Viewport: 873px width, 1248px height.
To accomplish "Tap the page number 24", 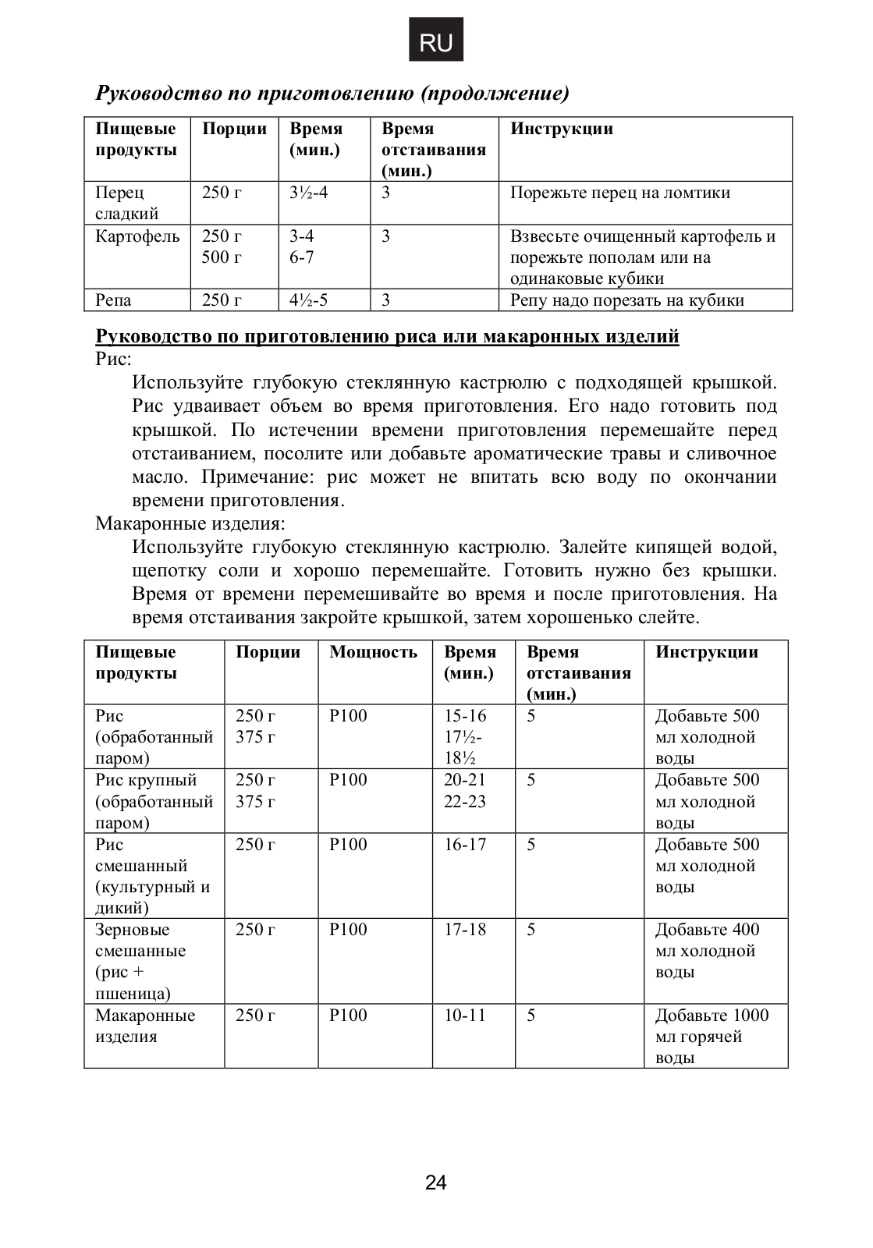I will pos(436,1182).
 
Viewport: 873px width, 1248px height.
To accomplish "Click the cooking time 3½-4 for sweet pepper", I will pos(309,193).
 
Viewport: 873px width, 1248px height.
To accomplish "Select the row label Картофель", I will pos(137,236).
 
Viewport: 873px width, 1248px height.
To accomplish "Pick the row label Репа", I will pos(113,300).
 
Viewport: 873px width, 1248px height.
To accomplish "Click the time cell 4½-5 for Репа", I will pos(309,300).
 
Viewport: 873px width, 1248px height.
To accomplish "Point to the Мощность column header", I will pos(373,652).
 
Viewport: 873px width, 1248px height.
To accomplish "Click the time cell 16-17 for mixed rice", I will pos(465,845).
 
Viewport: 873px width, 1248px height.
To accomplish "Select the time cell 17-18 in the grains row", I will pos(465,930).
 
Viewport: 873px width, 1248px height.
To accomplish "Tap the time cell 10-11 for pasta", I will pos(465,1016).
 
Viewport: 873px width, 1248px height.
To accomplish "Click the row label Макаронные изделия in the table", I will pos(145,1026).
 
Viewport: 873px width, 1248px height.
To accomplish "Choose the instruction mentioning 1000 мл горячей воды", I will pos(712,1037).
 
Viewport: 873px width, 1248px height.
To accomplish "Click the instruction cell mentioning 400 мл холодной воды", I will pos(707,951).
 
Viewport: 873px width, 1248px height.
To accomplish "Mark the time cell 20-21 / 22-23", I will pos(465,791).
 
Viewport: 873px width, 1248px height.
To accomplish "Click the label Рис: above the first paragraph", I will pos(114,360).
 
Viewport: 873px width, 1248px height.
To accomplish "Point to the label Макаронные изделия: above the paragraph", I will pos(190,523).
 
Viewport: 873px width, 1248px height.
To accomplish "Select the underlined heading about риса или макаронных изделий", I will pos(387,337).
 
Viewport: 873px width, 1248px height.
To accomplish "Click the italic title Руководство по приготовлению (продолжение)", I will pos(332,94).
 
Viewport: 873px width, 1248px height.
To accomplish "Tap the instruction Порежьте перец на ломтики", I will pos(620,193).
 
